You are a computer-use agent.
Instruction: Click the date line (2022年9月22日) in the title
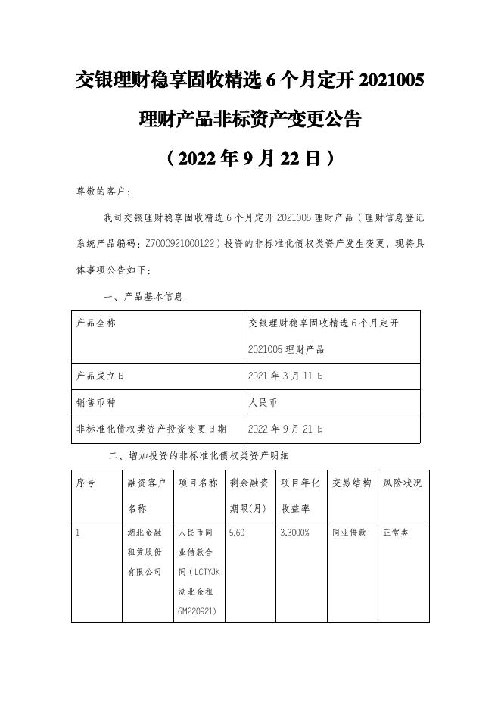point(250,158)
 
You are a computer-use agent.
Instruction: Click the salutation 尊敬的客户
point(100,191)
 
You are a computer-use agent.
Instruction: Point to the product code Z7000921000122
point(171,243)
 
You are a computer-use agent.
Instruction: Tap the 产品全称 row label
point(96,323)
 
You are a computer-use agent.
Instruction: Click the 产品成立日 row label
point(101,375)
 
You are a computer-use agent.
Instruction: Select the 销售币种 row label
point(96,402)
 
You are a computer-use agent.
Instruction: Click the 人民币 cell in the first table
point(263,402)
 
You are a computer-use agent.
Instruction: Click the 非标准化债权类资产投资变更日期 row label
point(151,429)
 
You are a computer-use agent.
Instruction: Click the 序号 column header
point(86,483)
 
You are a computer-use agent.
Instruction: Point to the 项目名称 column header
point(198,483)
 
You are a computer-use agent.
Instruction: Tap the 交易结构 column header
point(352,483)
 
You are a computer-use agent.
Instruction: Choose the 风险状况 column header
point(403,483)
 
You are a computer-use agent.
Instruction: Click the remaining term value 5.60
point(236,533)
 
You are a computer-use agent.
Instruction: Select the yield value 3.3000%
point(294,533)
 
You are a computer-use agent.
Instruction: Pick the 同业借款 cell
point(349,533)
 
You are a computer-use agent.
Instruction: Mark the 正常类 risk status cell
point(396,533)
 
